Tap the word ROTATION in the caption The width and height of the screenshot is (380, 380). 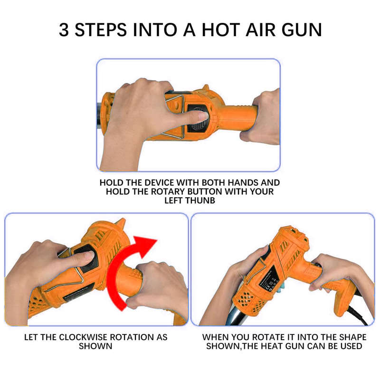point(133,337)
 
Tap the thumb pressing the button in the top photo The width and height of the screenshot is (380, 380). point(199,117)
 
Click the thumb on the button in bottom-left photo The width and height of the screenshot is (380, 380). point(85,256)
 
